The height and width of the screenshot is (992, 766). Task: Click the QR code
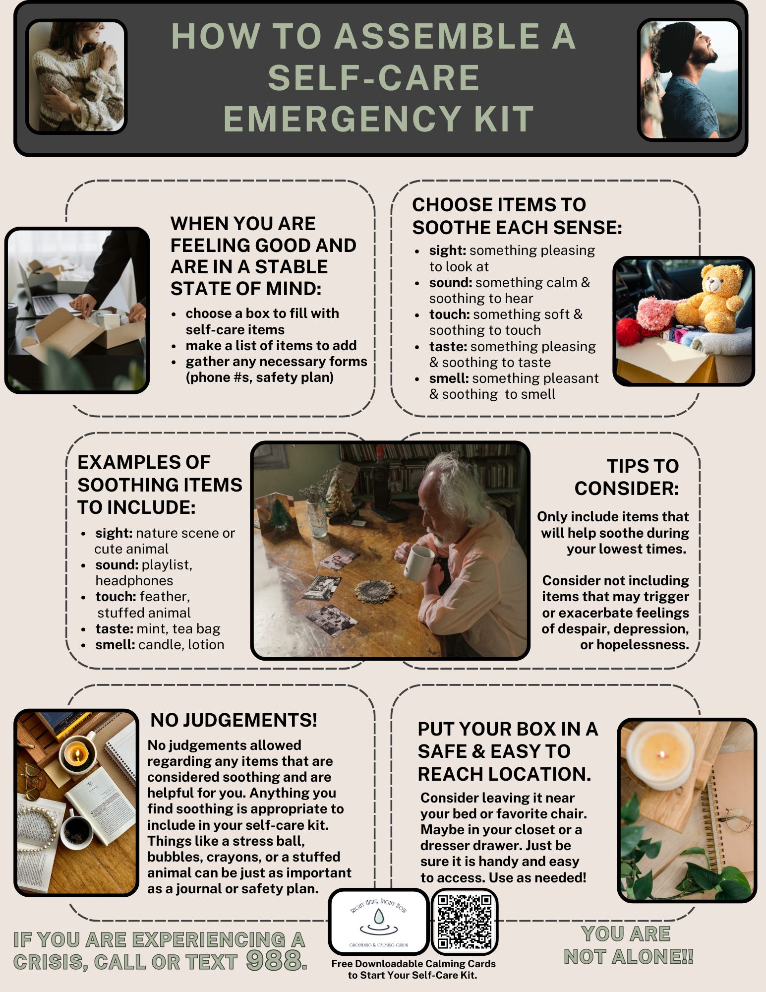465,922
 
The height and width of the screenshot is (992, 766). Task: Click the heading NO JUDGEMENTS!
234,720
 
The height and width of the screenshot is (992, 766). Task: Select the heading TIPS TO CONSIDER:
627,477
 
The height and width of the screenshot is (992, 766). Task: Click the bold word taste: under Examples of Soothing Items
114,628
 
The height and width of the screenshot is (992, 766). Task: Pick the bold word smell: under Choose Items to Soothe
449,378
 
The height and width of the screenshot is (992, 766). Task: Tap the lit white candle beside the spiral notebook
660,755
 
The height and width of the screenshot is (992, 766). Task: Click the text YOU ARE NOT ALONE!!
628,945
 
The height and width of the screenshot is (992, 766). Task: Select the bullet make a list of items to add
271,345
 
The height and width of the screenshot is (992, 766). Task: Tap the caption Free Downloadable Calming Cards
413,963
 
